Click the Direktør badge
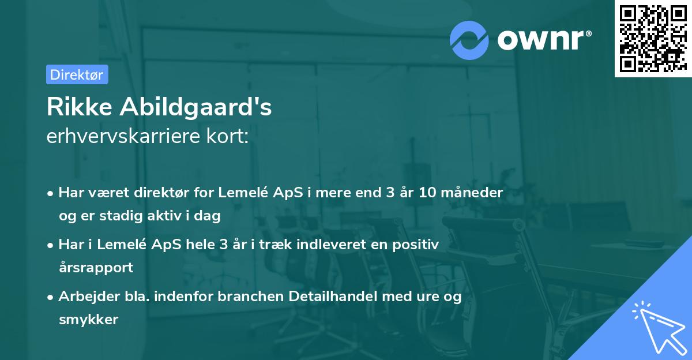click(x=77, y=74)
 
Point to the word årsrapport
click(x=96, y=268)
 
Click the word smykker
click(x=88, y=320)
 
